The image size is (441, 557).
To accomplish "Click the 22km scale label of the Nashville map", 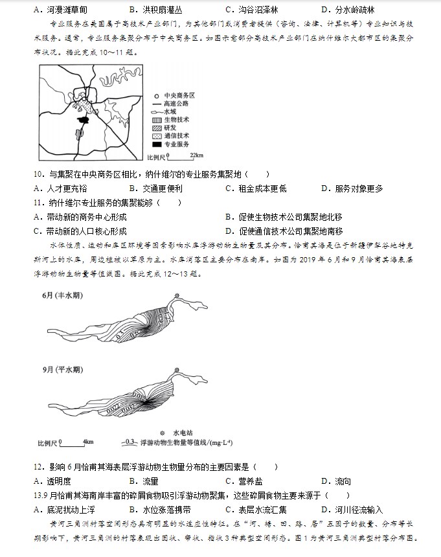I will coord(196,155).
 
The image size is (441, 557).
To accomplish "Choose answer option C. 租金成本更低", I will coord(256,188).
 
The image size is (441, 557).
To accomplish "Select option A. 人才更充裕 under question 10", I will coord(60,188).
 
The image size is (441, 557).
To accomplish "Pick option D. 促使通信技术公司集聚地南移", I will coord(284,231).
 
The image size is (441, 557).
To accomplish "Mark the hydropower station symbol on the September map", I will coord(175,369).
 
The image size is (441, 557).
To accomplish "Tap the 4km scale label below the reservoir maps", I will coord(88,442).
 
